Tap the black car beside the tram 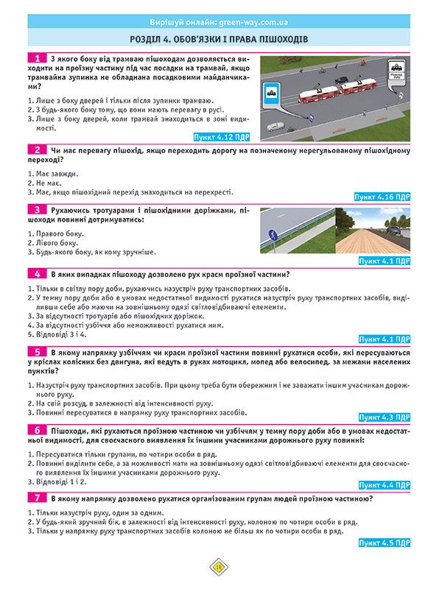tap(340, 80)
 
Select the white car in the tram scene tap(275, 126)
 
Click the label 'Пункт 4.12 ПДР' tap(222, 137)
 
